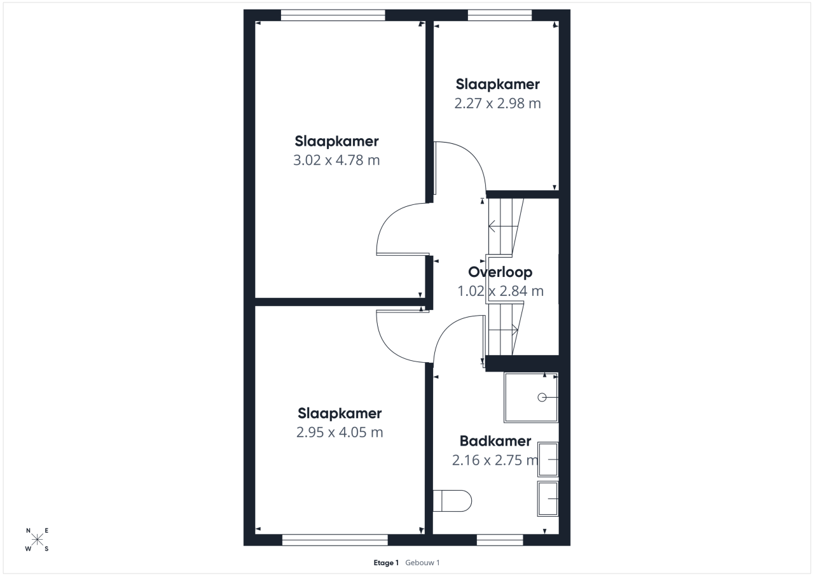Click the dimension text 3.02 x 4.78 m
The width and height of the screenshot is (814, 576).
point(336,160)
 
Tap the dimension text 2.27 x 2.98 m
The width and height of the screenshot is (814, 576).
point(497,103)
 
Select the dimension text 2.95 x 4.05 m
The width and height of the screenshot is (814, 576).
point(340,432)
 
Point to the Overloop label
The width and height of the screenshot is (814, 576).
point(500,272)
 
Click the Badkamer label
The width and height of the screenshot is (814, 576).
point(495,441)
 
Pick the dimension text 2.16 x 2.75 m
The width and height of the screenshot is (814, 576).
point(495,460)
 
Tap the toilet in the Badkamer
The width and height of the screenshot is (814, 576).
point(452,501)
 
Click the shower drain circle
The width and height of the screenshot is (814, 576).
point(542,397)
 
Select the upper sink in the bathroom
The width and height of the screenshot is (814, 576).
point(548,460)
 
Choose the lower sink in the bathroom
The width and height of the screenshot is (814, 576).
point(548,499)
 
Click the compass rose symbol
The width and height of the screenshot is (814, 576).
point(37,539)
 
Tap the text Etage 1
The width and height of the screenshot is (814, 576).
point(386,563)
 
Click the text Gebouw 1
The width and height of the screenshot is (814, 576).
point(422,563)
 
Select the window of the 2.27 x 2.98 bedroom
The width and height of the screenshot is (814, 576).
point(500,15)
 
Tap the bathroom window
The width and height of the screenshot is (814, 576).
point(500,540)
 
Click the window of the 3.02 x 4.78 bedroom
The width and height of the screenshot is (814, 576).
point(333,15)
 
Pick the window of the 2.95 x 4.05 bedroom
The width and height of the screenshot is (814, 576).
point(335,540)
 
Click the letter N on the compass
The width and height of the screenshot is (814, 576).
point(29,531)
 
